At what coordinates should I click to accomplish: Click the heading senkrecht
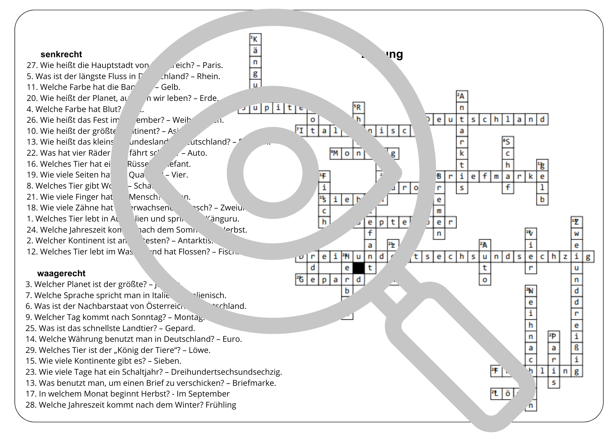pyautogui.click(x=61, y=54)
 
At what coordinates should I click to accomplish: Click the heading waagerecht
pyautogui.click(x=61, y=273)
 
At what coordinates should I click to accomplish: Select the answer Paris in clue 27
pyautogui.click(x=212, y=65)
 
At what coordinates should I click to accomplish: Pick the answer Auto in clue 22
pyautogui.click(x=197, y=153)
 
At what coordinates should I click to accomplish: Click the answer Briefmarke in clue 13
pyautogui.click(x=254, y=383)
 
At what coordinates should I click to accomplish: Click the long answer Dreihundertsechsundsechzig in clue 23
pyautogui.click(x=226, y=372)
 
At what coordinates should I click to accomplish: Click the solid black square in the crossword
pyautogui.click(x=359, y=268)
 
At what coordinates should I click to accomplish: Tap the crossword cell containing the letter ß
pyautogui.click(x=577, y=348)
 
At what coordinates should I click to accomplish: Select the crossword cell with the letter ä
pyautogui.click(x=255, y=51)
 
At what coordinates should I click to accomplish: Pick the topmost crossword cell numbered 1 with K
pyautogui.click(x=255, y=39)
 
